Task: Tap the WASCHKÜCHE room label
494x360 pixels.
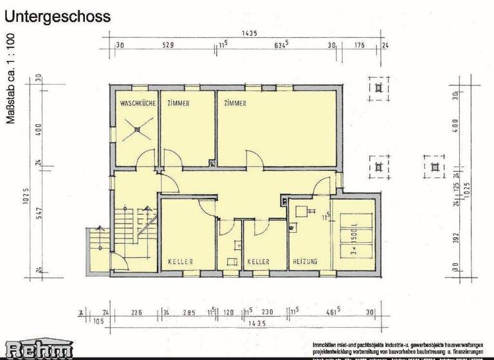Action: click(x=134, y=103)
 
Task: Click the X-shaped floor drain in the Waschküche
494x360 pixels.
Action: click(x=136, y=129)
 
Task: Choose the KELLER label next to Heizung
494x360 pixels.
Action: click(x=258, y=262)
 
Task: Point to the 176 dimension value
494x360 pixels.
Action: click(x=360, y=45)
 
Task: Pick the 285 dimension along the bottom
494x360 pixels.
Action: click(x=189, y=312)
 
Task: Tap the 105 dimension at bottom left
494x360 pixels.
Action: click(x=98, y=321)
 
